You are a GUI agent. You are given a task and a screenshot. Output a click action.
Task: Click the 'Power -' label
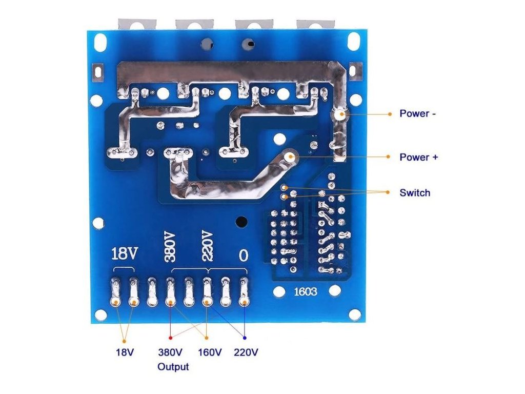418,113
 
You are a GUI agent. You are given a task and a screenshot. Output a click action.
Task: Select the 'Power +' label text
419,157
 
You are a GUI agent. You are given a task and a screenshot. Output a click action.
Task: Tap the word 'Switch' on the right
415,193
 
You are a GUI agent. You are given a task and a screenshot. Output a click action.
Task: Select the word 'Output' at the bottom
173,367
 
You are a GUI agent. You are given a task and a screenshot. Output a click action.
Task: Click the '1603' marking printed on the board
305,292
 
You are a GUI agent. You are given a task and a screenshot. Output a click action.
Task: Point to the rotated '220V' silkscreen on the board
206,246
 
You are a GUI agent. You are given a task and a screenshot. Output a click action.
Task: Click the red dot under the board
170,338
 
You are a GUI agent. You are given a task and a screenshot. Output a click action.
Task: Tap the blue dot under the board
244,338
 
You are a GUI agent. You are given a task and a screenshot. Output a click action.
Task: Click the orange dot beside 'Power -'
389,113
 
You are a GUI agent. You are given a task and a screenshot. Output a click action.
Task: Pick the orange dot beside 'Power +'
389,157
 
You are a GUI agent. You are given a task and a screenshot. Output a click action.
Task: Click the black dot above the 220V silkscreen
239,222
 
